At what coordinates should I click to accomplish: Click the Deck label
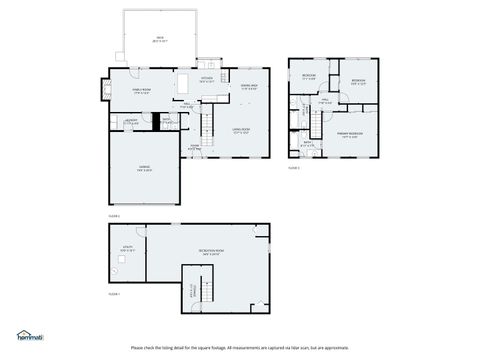[x=159, y=40]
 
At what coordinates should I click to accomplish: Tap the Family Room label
[x=126, y=90]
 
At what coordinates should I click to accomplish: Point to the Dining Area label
[x=249, y=87]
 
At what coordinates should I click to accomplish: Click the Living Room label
[x=241, y=130]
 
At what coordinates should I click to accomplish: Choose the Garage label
[x=145, y=168]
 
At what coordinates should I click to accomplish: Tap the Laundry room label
[x=131, y=121]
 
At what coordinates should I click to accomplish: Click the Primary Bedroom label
[x=350, y=134]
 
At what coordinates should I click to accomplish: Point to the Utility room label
[x=127, y=249]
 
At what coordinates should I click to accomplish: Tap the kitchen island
[x=186, y=82]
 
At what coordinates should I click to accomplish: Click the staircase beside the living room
[x=209, y=127]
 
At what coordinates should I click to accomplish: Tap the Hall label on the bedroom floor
[x=323, y=101]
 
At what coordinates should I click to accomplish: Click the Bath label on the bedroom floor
[x=308, y=144]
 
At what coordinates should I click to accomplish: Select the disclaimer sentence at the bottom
[x=239, y=347]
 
